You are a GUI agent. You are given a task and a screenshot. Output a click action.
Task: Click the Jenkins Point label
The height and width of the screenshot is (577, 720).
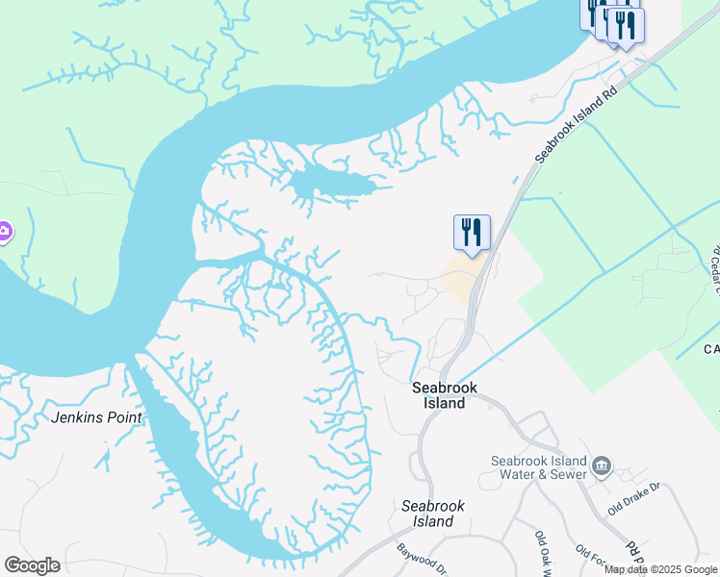coord(98,417)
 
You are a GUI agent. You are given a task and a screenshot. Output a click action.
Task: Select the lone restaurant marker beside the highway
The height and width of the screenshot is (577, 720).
coord(472,233)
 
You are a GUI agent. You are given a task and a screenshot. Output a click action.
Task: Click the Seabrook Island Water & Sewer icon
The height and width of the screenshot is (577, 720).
coord(603,466)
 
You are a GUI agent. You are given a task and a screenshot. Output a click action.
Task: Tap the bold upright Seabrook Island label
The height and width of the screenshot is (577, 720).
coord(445,395)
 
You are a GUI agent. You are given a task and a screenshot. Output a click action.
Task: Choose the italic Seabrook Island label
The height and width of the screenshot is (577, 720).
coord(426,513)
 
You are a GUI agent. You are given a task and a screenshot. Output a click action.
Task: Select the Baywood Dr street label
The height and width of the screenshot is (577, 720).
coord(421,561)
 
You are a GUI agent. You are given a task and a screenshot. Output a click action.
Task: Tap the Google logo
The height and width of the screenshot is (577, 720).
coord(32,565)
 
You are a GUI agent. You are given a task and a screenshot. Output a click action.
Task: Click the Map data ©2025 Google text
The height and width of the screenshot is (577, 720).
coord(660,569)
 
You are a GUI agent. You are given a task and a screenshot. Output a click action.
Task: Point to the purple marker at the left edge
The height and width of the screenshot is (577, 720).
coord(4,231)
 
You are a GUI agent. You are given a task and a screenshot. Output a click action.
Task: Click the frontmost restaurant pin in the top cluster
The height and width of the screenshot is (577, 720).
coord(627,25)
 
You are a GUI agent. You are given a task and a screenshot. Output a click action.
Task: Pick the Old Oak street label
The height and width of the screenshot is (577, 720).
coord(544,552)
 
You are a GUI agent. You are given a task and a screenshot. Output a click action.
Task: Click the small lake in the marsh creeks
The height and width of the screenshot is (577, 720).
coord(332,182)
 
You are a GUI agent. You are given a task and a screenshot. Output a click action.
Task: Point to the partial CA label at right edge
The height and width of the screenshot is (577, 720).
coord(710,349)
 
